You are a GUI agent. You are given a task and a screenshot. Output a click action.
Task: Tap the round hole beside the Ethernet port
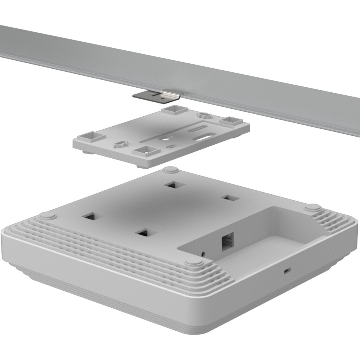click(204, 253)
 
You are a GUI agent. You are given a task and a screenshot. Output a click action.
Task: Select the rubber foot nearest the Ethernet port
click(193, 263)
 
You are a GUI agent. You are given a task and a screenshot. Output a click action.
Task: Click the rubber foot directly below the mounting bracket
click(170, 170)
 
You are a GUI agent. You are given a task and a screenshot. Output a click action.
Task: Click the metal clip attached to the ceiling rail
click(158, 95)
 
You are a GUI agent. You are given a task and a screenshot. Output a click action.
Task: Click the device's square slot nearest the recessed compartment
click(230, 198)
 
